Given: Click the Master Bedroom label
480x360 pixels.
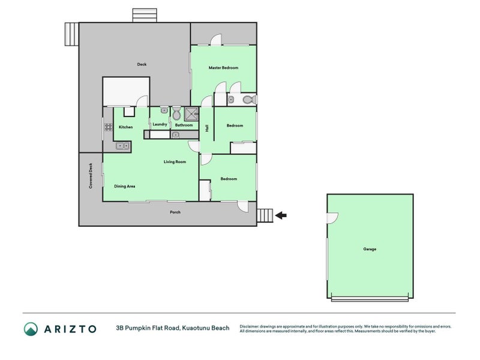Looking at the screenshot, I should [x=223, y=68].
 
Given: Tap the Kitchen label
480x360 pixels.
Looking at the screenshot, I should [x=125, y=127].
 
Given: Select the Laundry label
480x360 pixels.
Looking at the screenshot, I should [x=160, y=124].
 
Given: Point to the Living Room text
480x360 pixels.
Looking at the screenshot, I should [x=175, y=162].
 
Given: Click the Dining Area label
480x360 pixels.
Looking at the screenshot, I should [x=125, y=187].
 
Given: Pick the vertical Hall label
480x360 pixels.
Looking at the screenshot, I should [x=207, y=128].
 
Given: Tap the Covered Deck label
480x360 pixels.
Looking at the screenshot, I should [x=91, y=176].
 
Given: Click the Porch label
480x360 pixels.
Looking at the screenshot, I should [x=175, y=212].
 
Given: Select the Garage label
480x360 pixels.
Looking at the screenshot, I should [x=370, y=249].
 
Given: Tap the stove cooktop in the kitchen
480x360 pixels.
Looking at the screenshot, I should [x=109, y=127].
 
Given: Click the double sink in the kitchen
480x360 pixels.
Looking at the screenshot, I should [x=122, y=145].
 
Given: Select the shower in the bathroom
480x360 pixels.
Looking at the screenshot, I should [x=191, y=114].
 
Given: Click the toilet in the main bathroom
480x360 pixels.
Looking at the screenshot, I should [x=176, y=113].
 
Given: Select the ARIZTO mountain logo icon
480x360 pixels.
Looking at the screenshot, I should [x=31, y=329].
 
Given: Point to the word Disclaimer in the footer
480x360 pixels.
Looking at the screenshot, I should [x=250, y=326].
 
